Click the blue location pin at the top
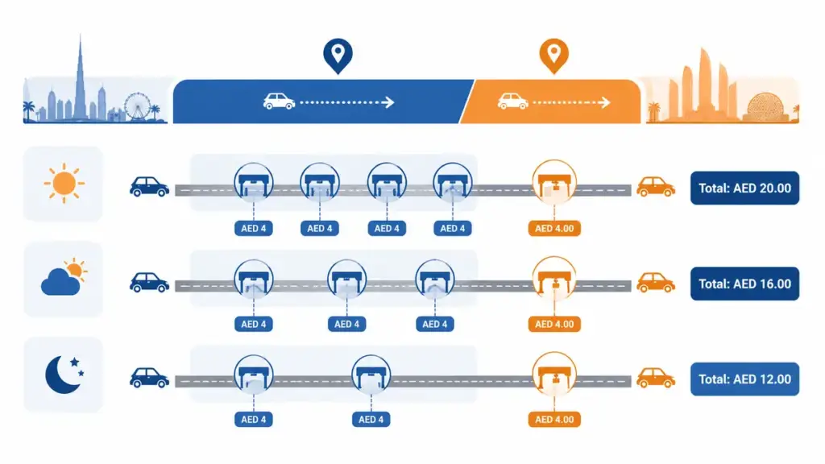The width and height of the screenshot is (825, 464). point(338,56)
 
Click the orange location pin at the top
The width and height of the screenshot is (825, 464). point(553,56)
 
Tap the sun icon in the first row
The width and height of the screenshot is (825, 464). point(64,183)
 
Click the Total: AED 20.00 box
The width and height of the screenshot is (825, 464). point(744,188)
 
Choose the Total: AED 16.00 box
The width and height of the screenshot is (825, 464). point(744,284)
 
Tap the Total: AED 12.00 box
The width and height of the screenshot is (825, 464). point(744,379)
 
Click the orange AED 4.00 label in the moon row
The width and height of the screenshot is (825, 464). point(554,419)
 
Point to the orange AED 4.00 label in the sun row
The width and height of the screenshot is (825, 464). point(554,228)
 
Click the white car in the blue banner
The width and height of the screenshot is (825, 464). point(279,101)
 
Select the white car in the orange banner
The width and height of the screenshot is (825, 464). point(513,101)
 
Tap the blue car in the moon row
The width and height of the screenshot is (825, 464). point(149,378)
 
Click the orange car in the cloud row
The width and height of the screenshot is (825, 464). point(656,283)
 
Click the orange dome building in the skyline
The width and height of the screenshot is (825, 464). point(765,107)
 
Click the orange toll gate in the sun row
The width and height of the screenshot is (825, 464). point(554,182)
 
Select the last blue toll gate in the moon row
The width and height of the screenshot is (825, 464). point(371,375)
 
